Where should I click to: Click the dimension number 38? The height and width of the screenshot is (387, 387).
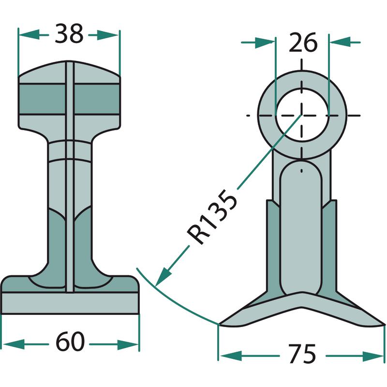pos(69,34)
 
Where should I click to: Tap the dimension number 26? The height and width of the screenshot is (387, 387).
pos(303,43)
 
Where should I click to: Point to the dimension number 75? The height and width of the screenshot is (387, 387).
pos(303,354)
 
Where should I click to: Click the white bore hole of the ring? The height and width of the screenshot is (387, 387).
pos(302,115)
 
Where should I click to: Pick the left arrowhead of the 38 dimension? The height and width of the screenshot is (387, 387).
pos(29,35)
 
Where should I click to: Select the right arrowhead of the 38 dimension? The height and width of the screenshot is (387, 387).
pos(108,35)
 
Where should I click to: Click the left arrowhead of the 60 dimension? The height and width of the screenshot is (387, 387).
pos(14,344)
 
